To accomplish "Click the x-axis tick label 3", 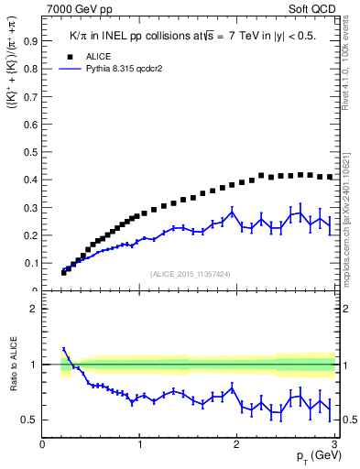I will (x=335, y=444).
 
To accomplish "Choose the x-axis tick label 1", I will (x=140, y=444).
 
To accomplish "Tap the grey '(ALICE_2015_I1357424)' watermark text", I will (x=190, y=273).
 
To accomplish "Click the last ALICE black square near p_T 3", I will (x=330, y=177).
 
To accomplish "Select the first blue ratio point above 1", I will (x=64, y=349).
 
